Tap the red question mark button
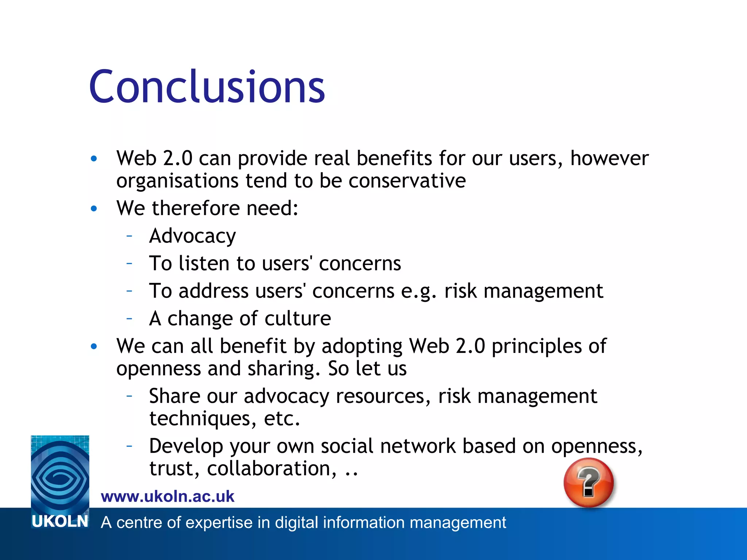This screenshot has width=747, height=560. click(x=588, y=482)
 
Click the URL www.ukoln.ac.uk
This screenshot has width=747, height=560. click(x=167, y=497)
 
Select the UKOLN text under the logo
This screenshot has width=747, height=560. click(x=60, y=522)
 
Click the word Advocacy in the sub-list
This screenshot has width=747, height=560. click(x=193, y=236)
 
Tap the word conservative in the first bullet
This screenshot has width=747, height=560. click(x=407, y=181)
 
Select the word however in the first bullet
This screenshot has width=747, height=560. click(x=609, y=158)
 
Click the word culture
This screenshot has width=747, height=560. click(x=298, y=318)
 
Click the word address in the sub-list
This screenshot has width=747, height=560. click(x=213, y=291)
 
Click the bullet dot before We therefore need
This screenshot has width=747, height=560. click(x=94, y=209)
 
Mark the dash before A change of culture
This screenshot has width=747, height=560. click(x=129, y=318)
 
